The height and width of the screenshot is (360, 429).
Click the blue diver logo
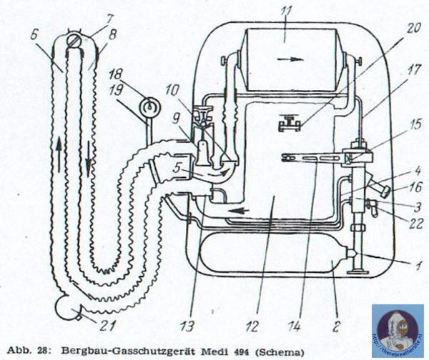(x=397, y=330)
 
